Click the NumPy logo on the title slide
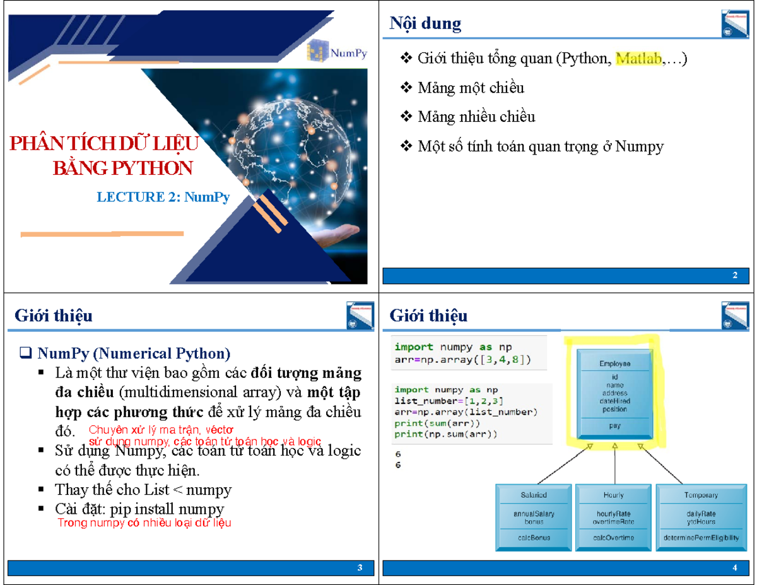337,51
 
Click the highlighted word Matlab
638,59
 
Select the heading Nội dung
425,24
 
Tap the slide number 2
735,276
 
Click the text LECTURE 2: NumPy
163,197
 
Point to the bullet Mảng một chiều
470,88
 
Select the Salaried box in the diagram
534,516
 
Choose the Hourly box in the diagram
614,516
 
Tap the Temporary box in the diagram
700,516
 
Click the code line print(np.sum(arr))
446,434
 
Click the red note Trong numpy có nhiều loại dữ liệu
144,523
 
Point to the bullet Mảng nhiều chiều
476,117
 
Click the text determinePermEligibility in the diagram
700,538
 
